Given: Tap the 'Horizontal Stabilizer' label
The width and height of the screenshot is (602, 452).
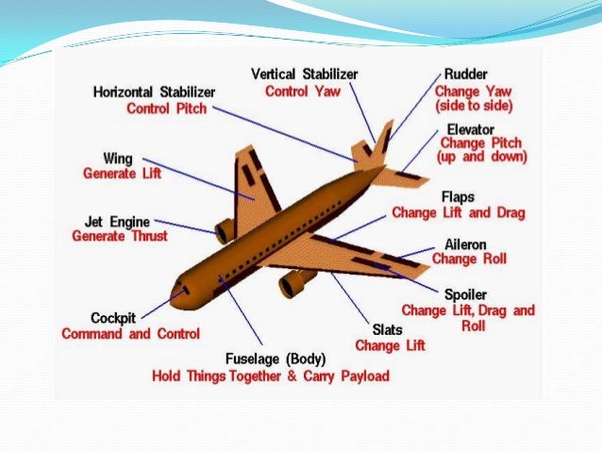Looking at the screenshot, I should (154, 92).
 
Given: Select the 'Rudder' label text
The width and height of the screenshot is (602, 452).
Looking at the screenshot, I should (466, 75).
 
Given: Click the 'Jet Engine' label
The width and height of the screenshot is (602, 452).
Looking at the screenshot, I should (116, 221).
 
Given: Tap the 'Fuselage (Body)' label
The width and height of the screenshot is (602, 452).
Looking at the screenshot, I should (276, 359).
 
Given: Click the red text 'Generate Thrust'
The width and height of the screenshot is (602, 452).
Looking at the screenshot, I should (120, 236).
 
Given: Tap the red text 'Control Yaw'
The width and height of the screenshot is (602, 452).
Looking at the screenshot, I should (301, 92).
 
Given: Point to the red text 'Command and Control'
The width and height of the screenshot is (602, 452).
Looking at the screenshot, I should (130, 334).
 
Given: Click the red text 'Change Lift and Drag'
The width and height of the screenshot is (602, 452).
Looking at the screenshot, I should (458, 212).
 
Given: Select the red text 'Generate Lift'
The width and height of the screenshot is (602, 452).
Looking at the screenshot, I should (122, 175).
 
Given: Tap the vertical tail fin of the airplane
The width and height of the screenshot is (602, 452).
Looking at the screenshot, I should (382, 142).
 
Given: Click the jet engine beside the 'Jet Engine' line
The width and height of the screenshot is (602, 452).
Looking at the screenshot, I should (225, 230).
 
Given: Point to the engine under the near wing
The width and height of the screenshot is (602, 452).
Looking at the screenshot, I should (295, 281).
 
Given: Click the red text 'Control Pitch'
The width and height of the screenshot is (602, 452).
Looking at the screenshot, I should (166, 109).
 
